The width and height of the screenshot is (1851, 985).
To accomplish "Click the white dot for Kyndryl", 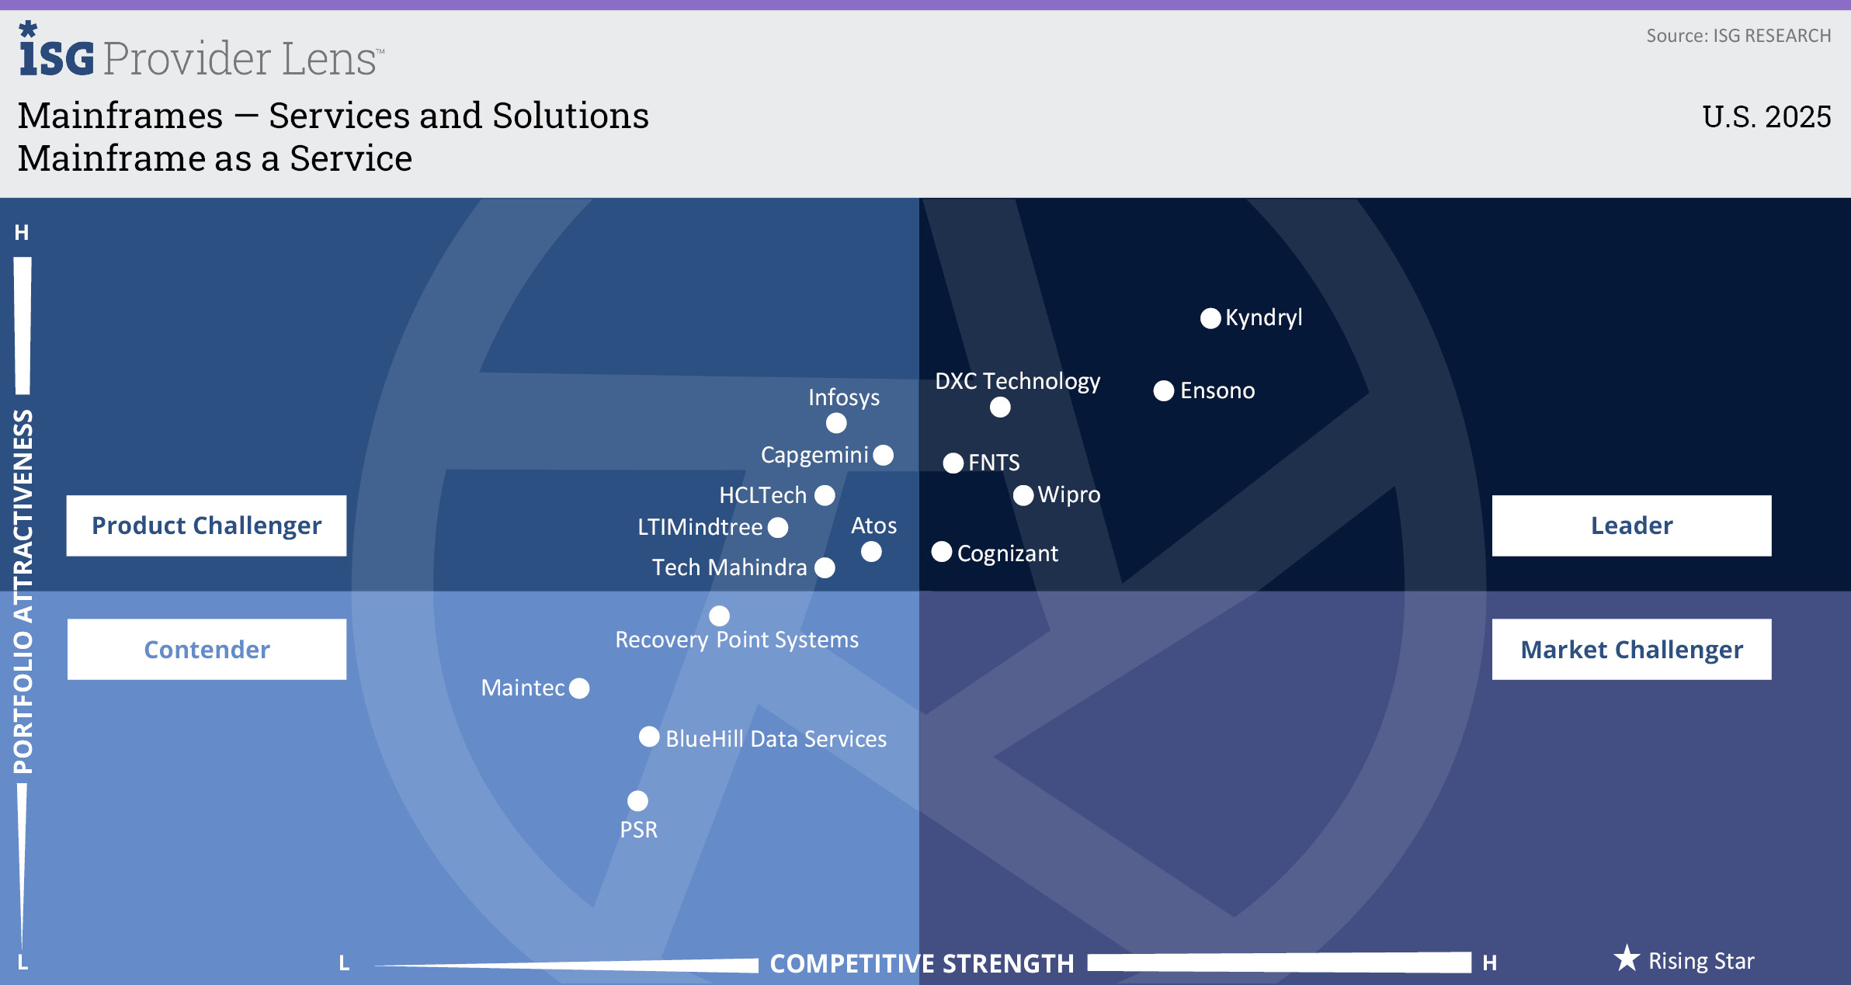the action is [1210, 318].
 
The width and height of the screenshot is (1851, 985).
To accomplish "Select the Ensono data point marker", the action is [1163, 390].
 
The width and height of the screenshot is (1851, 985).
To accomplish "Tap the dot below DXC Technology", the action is [1000, 407].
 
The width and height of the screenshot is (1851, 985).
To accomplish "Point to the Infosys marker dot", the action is [836, 423].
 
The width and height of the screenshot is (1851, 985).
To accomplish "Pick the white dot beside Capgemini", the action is [883, 455].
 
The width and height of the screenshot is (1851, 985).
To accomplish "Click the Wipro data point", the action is [1023, 495].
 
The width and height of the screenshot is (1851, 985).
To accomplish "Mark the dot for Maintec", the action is [579, 688].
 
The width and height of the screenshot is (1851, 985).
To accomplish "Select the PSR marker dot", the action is [637, 800].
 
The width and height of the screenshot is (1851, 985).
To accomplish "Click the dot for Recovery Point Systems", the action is [720, 616].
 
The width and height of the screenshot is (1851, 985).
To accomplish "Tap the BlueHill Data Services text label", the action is [776, 739].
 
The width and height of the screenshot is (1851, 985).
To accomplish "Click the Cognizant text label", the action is [1008, 553].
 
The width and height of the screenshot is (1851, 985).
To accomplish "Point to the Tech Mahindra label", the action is [730, 567].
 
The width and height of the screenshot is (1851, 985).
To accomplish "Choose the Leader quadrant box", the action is [1632, 525].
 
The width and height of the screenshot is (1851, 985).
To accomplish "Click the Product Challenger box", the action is [207, 525].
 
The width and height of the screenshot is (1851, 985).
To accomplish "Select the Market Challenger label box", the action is [1632, 649].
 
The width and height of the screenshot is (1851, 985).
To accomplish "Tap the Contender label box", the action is [207, 649].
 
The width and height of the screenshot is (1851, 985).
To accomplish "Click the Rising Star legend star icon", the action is [1627, 959].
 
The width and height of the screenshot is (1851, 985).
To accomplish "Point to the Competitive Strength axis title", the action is [922, 963].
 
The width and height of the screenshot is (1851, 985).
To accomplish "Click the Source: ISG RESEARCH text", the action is [1739, 36].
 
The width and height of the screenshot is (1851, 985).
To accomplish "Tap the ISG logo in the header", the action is [56, 50].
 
